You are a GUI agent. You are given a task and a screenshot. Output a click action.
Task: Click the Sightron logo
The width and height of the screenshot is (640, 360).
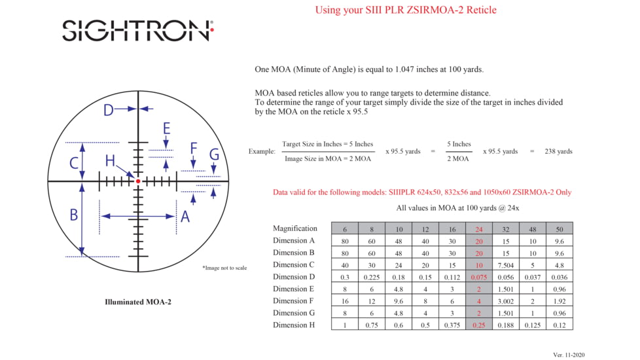(137, 30)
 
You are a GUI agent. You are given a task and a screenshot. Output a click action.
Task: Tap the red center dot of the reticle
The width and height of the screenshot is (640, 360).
(138, 181)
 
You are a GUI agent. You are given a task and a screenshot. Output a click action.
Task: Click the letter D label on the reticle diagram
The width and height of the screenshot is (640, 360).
(109, 110)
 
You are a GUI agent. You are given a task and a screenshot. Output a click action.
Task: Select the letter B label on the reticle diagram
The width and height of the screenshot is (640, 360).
(73, 215)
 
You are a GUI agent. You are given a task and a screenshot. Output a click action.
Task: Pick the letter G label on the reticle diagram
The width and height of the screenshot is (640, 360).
(214, 154)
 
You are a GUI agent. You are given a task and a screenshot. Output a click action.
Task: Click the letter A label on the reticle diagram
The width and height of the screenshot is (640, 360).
(185, 216)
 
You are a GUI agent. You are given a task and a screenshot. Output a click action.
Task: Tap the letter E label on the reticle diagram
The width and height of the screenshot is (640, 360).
(167, 128)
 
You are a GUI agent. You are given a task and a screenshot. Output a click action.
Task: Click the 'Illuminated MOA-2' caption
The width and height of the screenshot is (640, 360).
(137, 302)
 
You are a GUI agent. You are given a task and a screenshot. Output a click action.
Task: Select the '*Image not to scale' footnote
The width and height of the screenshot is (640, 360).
(224, 268)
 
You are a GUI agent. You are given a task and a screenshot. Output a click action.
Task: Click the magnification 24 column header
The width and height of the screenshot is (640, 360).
(478, 228)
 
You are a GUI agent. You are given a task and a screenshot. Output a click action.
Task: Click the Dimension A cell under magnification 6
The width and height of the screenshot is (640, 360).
(344, 240)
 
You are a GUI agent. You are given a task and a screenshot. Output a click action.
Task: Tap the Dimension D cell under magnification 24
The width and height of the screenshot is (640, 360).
(478, 276)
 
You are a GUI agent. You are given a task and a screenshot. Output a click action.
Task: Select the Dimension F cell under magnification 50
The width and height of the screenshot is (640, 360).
(559, 300)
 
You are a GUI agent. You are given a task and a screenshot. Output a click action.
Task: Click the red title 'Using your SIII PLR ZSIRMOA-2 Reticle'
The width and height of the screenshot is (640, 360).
(406, 10)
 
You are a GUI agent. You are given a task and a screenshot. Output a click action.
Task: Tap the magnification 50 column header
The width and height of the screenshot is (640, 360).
(559, 228)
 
